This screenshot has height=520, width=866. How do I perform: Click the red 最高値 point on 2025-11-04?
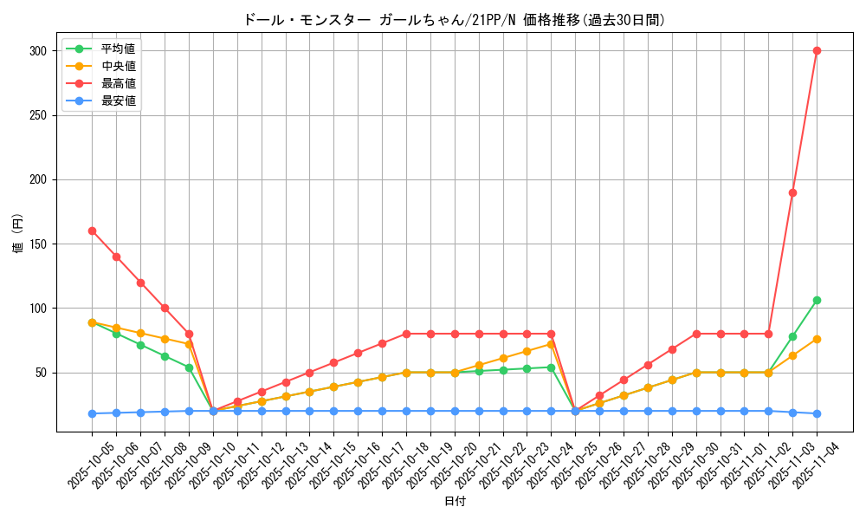click(817, 50)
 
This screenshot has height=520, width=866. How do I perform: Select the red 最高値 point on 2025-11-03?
click(792, 192)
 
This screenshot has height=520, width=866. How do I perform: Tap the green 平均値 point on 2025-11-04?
click(817, 300)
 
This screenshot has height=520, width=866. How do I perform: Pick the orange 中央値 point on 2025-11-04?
click(817, 339)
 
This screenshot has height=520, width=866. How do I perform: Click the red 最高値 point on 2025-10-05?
click(92, 231)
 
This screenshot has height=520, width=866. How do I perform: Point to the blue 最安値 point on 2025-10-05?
click(92, 413)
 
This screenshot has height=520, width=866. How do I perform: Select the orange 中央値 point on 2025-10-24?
click(551, 344)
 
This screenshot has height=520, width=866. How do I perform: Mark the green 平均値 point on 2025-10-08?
click(165, 356)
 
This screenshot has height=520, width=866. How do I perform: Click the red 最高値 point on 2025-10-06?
click(116, 257)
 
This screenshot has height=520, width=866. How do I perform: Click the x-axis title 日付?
click(455, 502)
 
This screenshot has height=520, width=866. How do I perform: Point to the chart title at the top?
click(455, 20)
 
